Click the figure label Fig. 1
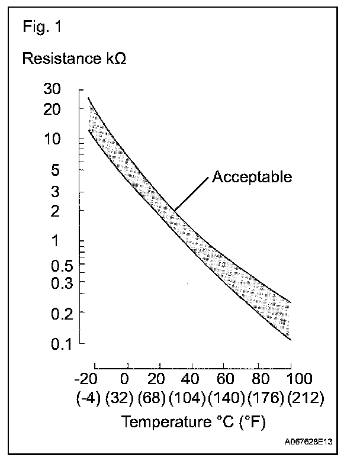coord(41,27)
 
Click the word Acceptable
coord(252,177)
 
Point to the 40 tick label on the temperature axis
coord(191,379)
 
